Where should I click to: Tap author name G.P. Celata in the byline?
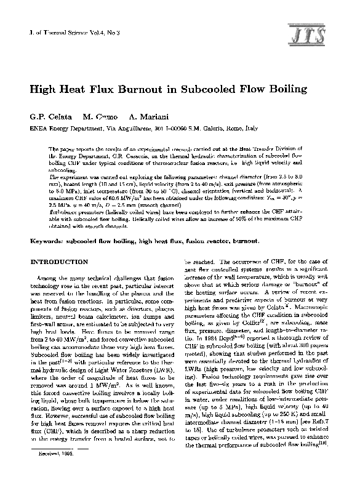[x=49, y=117]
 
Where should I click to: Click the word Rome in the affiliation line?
[x=232, y=129]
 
